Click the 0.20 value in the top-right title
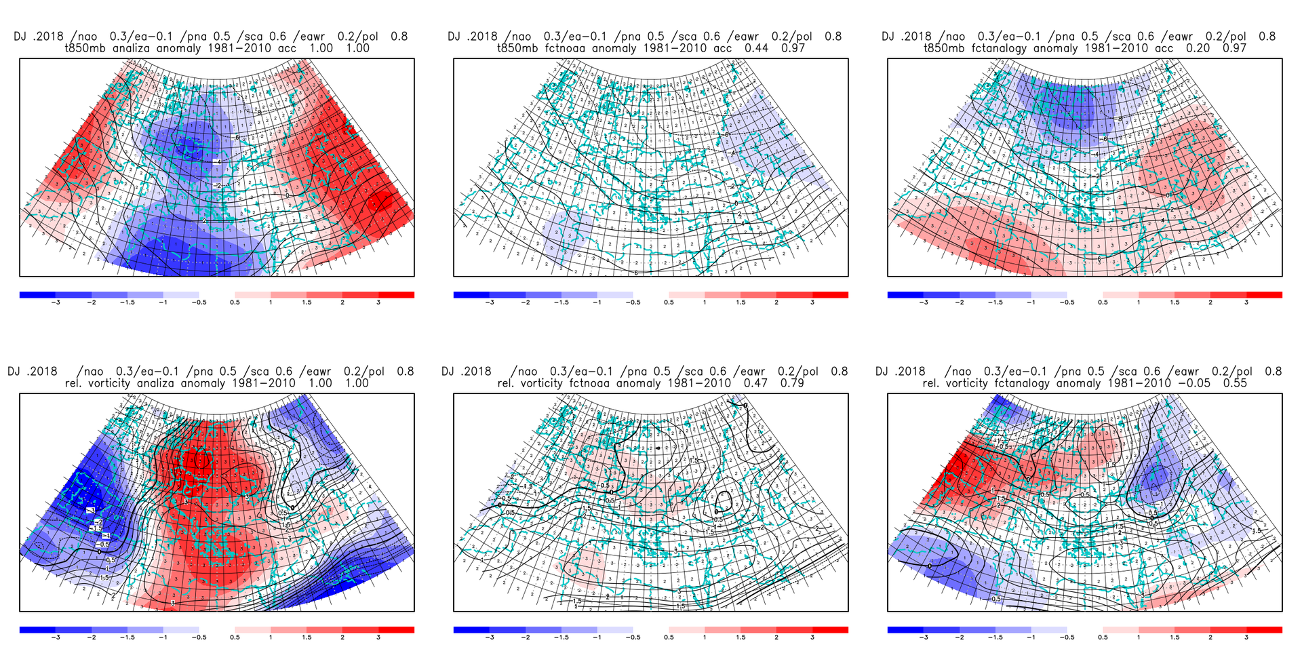tap(1197, 48)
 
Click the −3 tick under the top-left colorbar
tap(56, 302)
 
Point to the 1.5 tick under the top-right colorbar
tap(1175, 302)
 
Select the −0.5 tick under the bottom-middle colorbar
tap(632, 637)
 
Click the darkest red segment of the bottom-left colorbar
tap(396, 630)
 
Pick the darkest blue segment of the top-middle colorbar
tap(471, 295)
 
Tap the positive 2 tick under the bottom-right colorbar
tap(1210, 637)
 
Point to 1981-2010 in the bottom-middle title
tap(699, 383)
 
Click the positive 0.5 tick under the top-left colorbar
tap(235, 302)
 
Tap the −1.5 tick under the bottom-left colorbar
tap(127, 637)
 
